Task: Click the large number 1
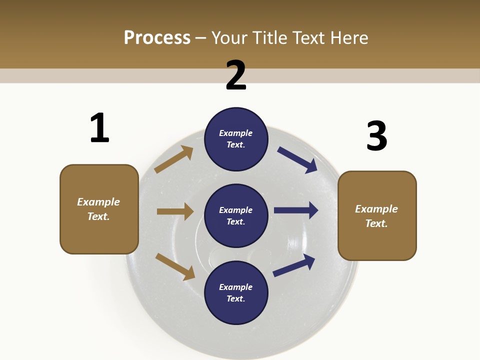point(99,128)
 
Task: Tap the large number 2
point(236,75)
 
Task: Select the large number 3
point(376,136)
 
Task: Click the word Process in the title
point(157,37)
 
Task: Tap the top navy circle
point(236,139)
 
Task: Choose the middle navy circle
point(236,216)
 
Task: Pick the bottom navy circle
point(236,293)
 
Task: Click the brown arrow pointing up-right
point(174,159)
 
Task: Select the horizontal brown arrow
point(175,211)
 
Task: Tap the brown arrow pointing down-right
point(175,266)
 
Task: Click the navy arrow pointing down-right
point(297,160)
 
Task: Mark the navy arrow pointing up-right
point(294,265)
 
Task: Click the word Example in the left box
point(98,202)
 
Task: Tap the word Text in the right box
point(376,223)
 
